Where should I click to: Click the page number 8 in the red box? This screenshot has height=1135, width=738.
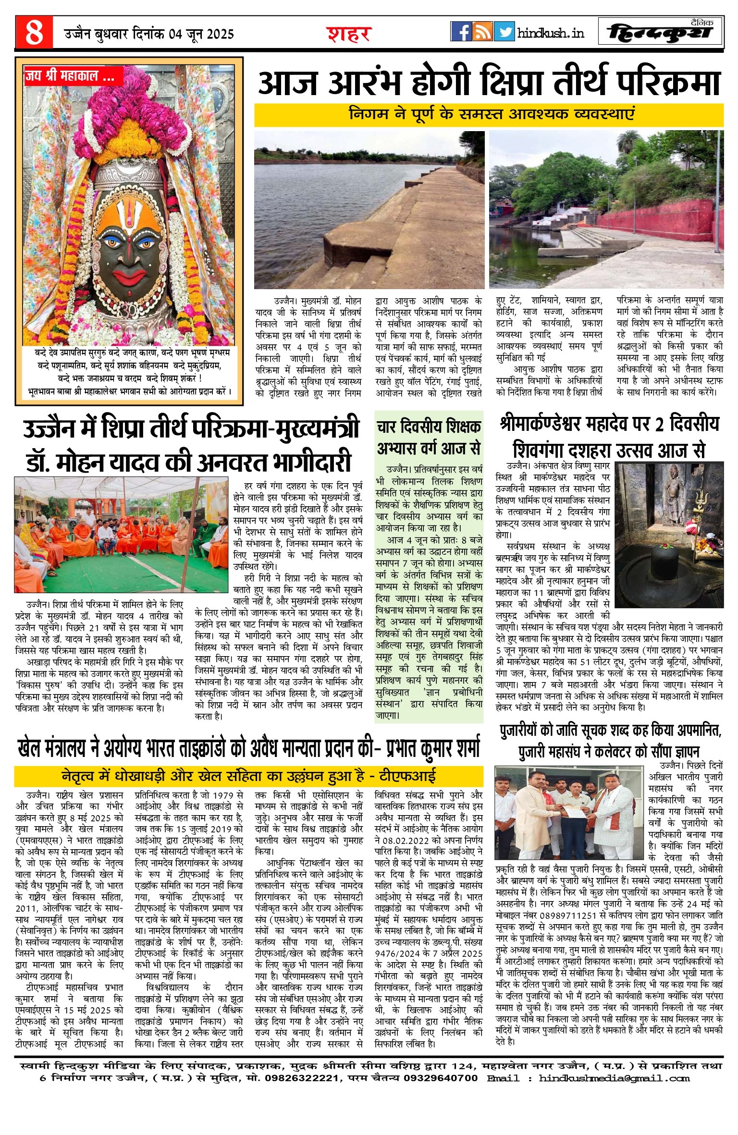coord(34,33)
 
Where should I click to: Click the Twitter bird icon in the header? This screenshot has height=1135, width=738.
coord(504,32)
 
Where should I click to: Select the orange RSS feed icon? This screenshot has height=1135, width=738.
coord(482,32)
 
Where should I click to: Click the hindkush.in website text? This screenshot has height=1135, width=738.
coord(551,33)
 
